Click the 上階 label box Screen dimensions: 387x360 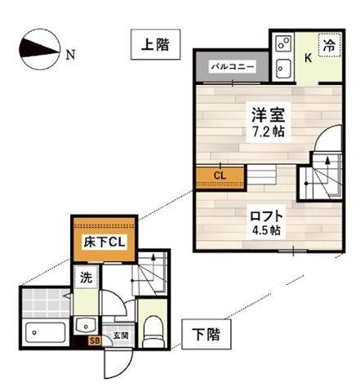tap(154, 45)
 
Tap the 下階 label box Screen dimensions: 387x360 tap(205, 334)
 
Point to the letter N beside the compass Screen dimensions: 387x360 tap(70, 56)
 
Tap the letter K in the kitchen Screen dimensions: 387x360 tap(309, 57)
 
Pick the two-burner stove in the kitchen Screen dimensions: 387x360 tap(282, 44)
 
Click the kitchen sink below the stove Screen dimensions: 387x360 tap(282, 67)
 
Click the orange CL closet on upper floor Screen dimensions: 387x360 tap(219, 175)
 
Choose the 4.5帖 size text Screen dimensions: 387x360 tap(266, 230)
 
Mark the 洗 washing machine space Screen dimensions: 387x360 tap(86, 277)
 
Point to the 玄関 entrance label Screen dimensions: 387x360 tap(119, 334)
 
